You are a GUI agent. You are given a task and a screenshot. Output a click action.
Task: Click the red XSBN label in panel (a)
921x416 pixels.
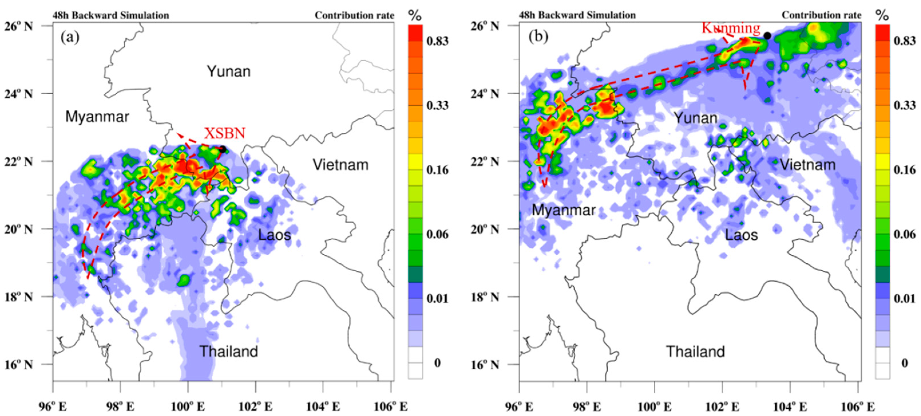pyautogui.click(x=225, y=133)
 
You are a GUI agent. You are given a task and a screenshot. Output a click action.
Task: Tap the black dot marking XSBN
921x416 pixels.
pyautogui.click(x=223, y=149)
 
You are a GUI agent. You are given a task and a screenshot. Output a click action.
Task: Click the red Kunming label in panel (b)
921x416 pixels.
pyautogui.click(x=731, y=28)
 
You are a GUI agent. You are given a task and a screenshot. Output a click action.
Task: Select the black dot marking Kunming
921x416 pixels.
pyautogui.click(x=767, y=36)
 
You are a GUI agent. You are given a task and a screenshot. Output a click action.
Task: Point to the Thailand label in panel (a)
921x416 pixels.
pyautogui.click(x=229, y=351)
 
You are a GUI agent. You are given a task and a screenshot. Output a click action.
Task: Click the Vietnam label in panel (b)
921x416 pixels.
pyautogui.click(x=807, y=165)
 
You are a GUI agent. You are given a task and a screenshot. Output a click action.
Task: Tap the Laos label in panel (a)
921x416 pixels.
pyautogui.click(x=274, y=235)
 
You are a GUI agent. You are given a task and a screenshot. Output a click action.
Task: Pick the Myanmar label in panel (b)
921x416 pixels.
pyautogui.click(x=563, y=210)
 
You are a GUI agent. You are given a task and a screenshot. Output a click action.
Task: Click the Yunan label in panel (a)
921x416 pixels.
pyautogui.click(x=229, y=71)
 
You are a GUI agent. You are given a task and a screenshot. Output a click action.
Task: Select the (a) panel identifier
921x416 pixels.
pyautogui.click(x=70, y=37)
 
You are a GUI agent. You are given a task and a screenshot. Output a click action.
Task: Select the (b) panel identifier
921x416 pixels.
pyautogui.click(x=538, y=37)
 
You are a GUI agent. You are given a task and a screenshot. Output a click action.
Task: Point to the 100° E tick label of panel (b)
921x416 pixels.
pyautogui.click(x=654, y=407)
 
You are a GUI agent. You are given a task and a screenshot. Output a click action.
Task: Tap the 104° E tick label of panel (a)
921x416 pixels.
pyautogui.click(x=323, y=407)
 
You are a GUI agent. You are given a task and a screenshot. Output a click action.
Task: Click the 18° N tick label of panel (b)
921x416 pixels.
pyautogui.click(x=485, y=297)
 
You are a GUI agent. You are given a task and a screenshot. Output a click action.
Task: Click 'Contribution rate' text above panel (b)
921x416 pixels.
pyautogui.click(x=821, y=15)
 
